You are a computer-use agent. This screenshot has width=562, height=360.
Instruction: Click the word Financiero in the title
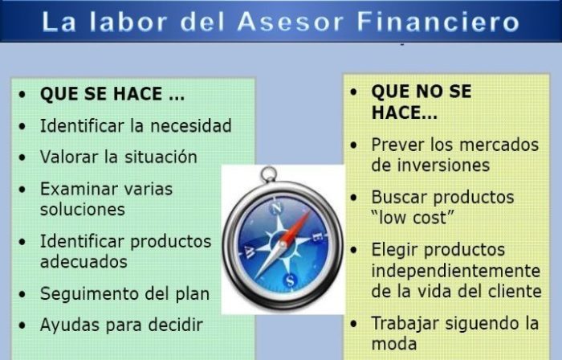[438, 22]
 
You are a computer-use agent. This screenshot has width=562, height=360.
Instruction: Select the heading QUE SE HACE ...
[112, 94]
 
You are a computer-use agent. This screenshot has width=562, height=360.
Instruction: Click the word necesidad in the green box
[191, 126]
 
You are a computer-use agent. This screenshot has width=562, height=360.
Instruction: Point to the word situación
[161, 157]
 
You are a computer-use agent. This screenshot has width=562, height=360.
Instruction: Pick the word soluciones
[83, 210]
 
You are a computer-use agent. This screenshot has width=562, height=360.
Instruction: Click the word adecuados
[83, 262]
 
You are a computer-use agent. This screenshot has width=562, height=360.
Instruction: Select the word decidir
[176, 325]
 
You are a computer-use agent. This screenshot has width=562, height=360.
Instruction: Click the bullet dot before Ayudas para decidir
[22, 325]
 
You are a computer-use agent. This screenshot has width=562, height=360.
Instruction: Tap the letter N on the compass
[276, 208]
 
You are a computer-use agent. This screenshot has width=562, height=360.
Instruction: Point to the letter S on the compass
[290, 280]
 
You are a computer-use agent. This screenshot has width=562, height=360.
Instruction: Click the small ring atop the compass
[269, 174]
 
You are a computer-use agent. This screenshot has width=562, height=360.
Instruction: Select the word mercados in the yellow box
[499, 145]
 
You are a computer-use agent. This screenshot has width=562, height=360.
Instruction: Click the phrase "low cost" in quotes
[413, 218]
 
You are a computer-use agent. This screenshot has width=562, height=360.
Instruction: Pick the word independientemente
[455, 271]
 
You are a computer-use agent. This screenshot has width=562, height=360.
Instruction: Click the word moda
[394, 343]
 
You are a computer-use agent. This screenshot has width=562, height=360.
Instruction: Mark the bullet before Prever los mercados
[354, 145]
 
